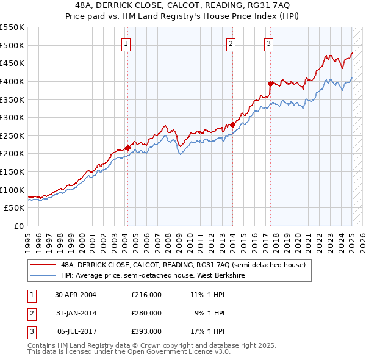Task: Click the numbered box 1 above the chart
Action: (x=125, y=43)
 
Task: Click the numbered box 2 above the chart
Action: (x=231, y=43)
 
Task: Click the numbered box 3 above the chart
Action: (x=268, y=43)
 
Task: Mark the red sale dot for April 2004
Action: (x=127, y=147)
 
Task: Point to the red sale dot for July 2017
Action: (x=270, y=84)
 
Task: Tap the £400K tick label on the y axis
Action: (x=12, y=81)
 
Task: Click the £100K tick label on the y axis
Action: (x=12, y=190)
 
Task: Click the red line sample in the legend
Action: (x=43, y=265)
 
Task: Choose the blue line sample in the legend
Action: (x=43, y=275)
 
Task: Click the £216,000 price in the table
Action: (x=146, y=295)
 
